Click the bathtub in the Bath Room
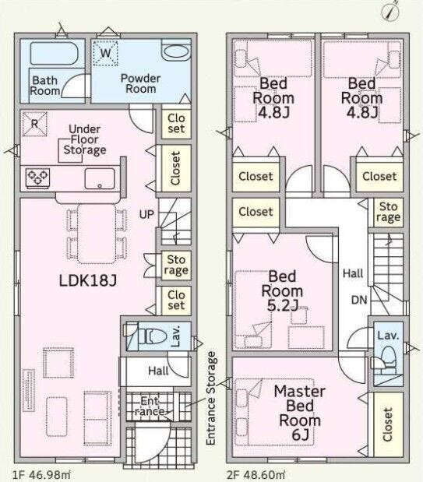coord(55,54)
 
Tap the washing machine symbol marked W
coord(105,53)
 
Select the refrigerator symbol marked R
coord(35,124)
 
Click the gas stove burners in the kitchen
coord(37,178)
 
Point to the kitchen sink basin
coord(100,178)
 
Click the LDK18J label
coord(88,280)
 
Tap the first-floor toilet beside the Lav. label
coord(152,336)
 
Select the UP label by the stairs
coord(146,214)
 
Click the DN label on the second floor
coord(359,300)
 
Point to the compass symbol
coord(391,12)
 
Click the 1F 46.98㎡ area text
coord(41,475)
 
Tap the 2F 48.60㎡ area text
coord(256,475)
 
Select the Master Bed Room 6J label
coord(300,413)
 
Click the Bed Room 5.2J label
coord(282,290)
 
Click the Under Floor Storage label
coord(85,139)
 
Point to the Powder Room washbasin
coord(176,51)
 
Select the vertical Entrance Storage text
coord(211,398)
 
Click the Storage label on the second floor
coord(388,212)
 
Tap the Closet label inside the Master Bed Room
coord(388,424)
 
